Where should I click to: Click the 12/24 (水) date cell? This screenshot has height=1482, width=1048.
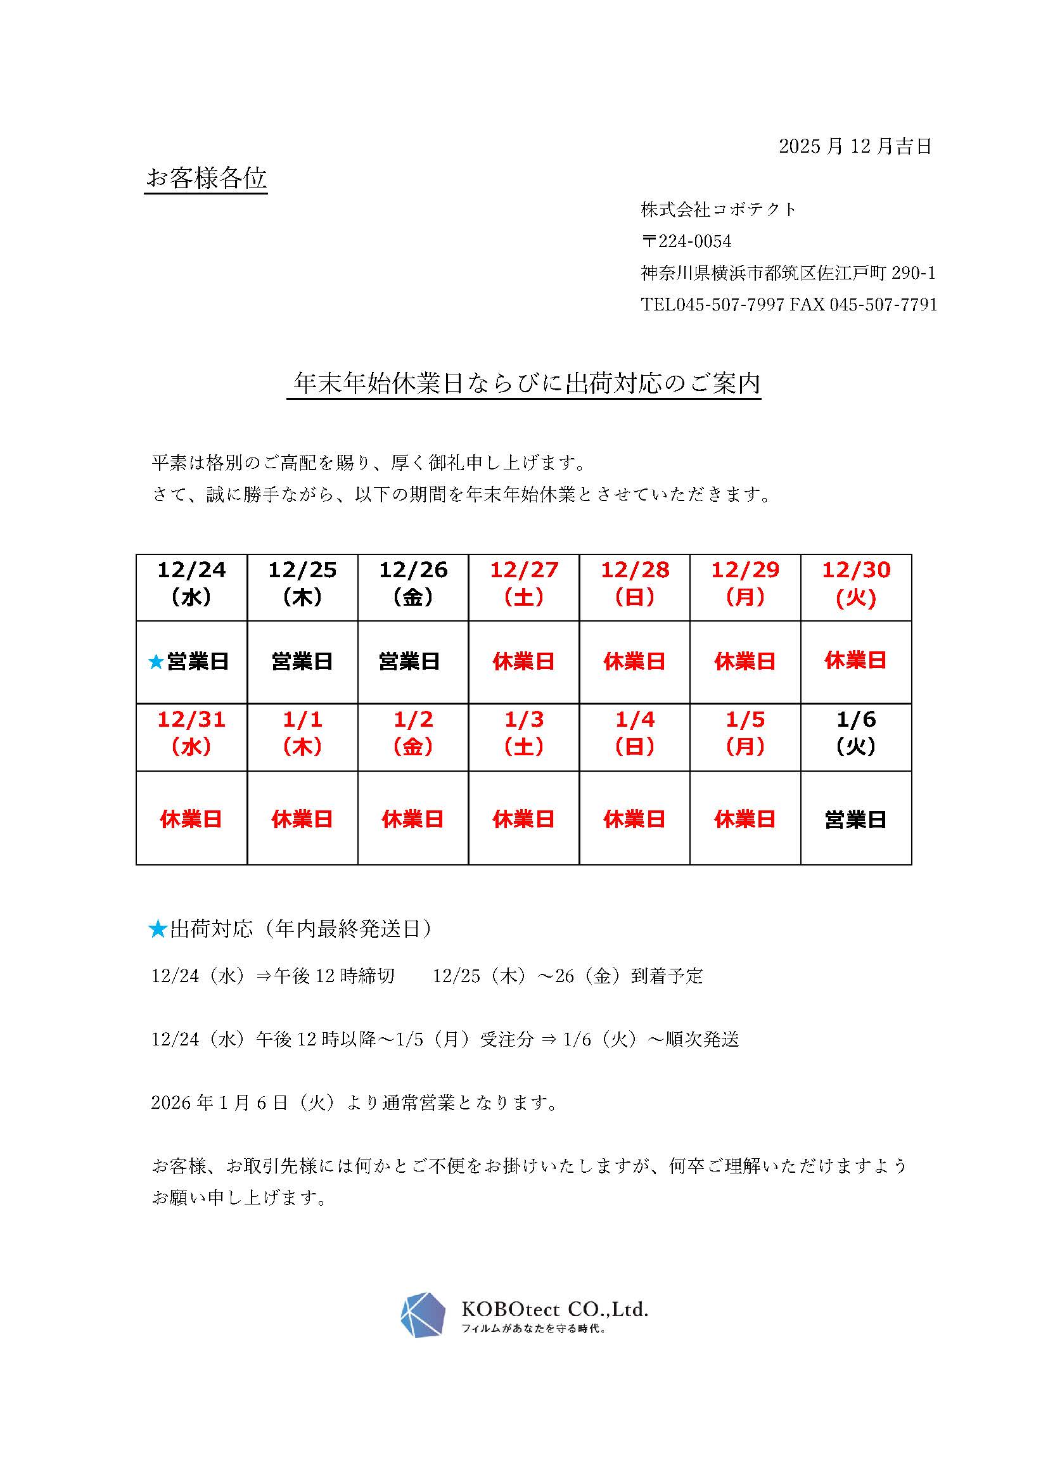click(x=191, y=584)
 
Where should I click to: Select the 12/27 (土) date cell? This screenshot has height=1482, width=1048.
click(x=524, y=584)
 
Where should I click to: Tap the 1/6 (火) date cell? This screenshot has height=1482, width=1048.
click(x=855, y=734)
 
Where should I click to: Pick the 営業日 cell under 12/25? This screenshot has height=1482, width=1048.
click(x=302, y=661)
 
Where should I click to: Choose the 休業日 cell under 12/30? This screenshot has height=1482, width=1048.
click(x=855, y=660)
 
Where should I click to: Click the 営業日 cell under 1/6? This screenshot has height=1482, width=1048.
click(x=855, y=820)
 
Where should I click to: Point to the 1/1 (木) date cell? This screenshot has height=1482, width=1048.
click(x=302, y=734)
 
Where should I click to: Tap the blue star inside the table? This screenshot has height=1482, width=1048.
click(x=155, y=661)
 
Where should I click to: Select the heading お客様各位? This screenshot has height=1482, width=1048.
click(x=207, y=178)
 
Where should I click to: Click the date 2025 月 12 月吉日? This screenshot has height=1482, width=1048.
click(x=855, y=146)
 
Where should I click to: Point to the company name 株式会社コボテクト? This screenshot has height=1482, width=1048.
click(x=719, y=209)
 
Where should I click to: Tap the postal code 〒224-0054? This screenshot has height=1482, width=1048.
click(x=686, y=241)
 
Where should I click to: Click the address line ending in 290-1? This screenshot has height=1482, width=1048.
click(x=788, y=273)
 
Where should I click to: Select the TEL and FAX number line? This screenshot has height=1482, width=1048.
click(x=789, y=305)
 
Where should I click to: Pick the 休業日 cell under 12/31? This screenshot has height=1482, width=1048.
click(x=191, y=820)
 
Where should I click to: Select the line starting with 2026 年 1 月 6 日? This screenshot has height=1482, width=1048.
click(x=354, y=1102)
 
